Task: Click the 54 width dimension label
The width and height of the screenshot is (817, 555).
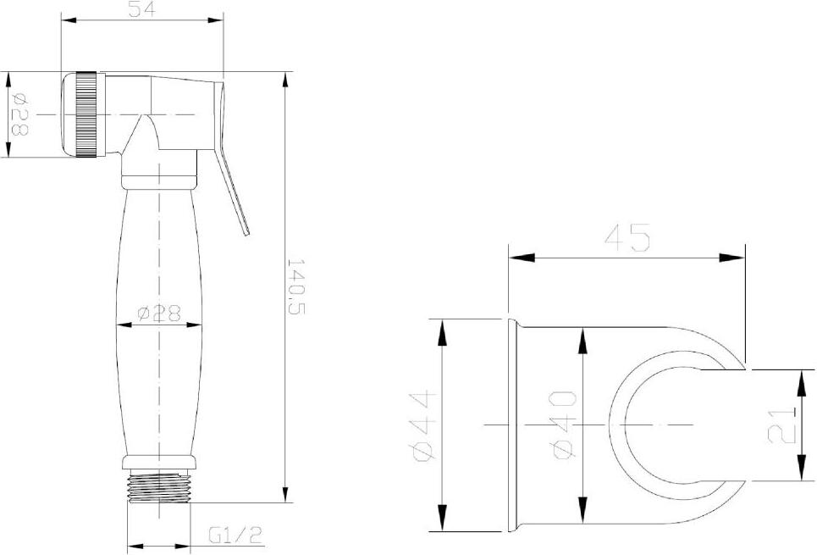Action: click(x=142, y=8)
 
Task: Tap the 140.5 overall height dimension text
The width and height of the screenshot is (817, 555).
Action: click(x=295, y=286)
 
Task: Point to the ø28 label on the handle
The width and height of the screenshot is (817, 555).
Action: click(x=159, y=313)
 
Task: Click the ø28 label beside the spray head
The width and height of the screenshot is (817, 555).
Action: click(x=19, y=114)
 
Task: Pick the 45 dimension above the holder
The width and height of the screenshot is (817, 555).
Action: click(x=627, y=237)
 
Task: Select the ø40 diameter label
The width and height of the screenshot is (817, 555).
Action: click(x=565, y=425)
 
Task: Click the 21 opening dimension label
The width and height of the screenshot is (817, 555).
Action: click(x=782, y=425)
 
